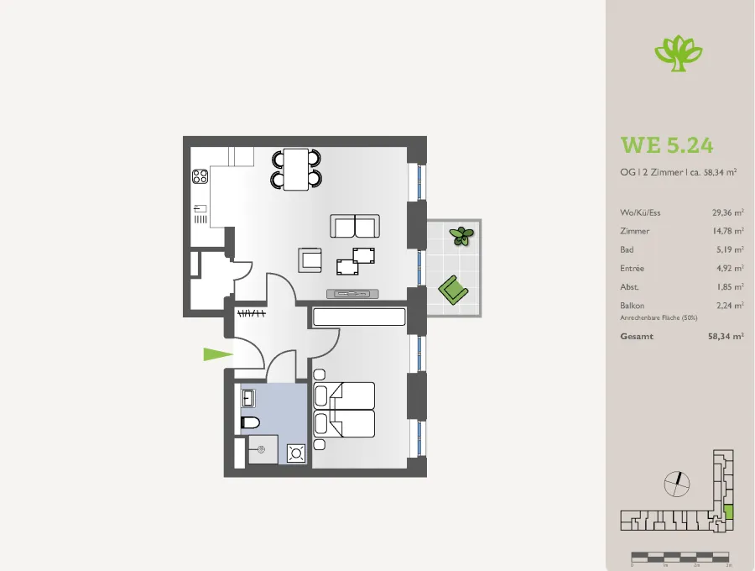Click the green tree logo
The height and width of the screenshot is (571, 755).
click(x=679, y=53)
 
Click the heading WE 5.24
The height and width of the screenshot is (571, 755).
click(x=667, y=145)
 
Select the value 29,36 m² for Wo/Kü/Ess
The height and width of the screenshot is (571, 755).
click(x=727, y=212)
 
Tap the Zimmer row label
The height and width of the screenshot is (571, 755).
click(x=635, y=231)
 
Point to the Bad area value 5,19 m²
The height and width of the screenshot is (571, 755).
click(x=730, y=249)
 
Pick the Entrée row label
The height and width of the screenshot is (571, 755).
click(x=632, y=268)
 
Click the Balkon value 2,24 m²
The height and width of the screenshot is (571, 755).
click(x=730, y=305)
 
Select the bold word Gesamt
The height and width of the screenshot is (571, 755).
click(x=637, y=337)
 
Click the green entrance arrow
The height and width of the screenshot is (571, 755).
click(x=218, y=354)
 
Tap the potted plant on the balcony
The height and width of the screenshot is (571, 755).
click(x=461, y=236)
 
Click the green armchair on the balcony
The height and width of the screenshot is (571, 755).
click(x=453, y=290)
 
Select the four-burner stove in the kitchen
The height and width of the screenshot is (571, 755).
click(x=200, y=176)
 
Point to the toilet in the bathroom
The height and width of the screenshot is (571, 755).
click(x=250, y=422)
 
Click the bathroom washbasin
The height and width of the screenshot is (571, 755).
click(x=248, y=399)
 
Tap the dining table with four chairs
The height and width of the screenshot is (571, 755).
click(x=296, y=169)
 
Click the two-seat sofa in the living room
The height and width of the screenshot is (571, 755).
click(x=355, y=226)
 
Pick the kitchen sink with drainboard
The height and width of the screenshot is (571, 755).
click(x=200, y=214)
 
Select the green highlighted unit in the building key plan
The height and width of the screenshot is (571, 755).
click(x=728, y=511)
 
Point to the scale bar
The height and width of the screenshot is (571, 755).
click(x=680, y=557)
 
